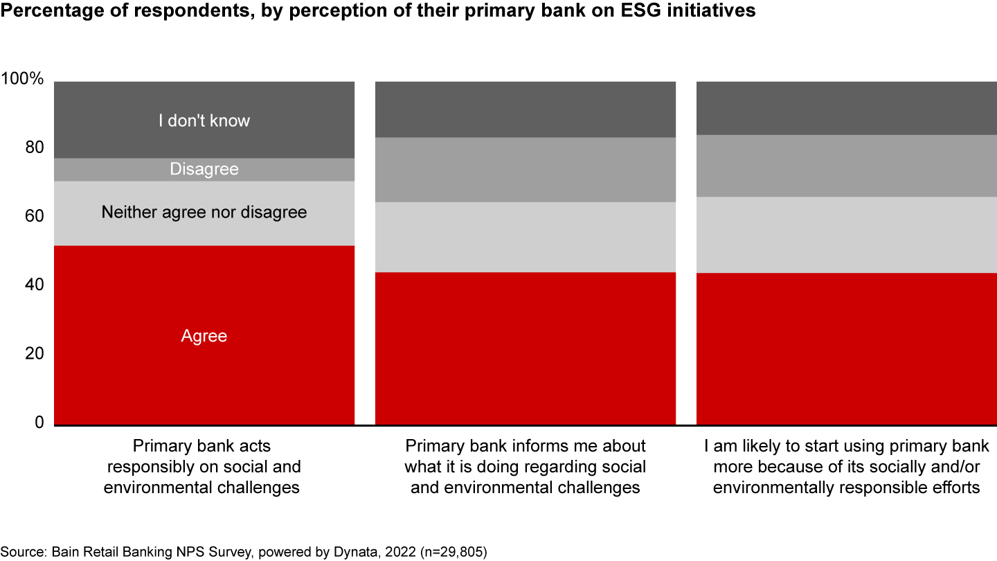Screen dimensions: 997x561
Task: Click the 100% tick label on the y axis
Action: point(22,79)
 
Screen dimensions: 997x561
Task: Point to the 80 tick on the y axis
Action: point(35,148)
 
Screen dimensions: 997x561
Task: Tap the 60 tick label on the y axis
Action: point(35,216)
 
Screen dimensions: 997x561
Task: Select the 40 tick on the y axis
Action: point(35,285)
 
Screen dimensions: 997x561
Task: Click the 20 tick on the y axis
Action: point(35,353)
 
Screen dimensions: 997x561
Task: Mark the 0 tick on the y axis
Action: point(39,422)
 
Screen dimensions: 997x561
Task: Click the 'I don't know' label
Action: point(204,121)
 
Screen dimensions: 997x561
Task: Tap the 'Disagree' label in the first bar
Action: point(204,169)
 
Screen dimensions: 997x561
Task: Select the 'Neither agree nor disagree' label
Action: point(204,213)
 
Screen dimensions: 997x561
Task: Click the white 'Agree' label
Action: point(204,336)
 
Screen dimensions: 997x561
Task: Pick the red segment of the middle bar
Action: point(526,348)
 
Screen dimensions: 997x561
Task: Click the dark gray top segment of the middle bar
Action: point(526,109)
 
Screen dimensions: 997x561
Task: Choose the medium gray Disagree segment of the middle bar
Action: point(526,170)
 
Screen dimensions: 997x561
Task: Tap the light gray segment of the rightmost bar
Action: point(847,235)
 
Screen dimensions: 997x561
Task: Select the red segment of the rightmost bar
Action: point(847,349)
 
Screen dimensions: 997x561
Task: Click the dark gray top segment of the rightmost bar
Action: point(847,108)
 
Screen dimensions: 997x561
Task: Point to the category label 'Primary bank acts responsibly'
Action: point(202,467)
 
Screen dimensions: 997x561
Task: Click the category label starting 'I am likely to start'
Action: point(847,467)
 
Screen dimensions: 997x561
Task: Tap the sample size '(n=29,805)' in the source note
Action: point(453,552)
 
